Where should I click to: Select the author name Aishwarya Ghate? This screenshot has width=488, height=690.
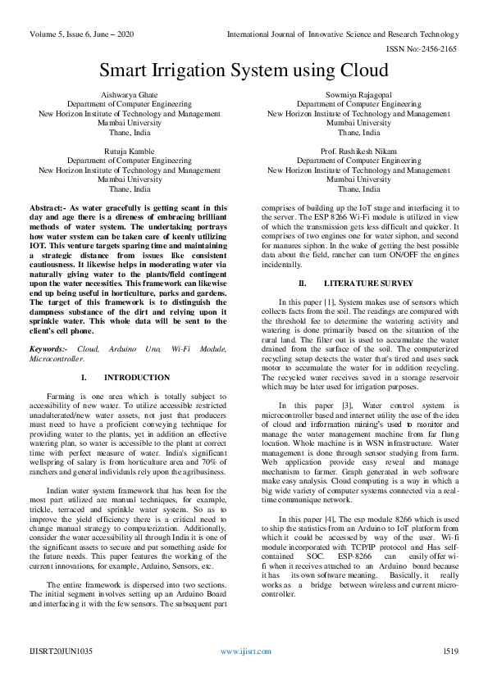[x=130, y=95]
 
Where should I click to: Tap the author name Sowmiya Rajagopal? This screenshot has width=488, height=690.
[x=358, y=95]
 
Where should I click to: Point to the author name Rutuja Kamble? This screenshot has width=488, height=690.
[x=130, y=152]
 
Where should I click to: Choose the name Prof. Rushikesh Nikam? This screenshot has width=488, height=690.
[x=358, y=152]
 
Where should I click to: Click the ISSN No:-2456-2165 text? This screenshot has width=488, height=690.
[x=437, y=49]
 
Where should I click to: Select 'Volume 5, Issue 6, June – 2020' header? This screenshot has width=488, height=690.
[x=81, y=34]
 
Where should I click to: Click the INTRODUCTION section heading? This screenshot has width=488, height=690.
[x=138, y=378]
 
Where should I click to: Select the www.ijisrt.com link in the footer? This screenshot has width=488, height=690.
[x=243, y=674]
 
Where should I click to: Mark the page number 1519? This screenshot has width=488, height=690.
[x=450, y=674]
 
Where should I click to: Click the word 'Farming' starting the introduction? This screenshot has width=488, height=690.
[x=62, y=396]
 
